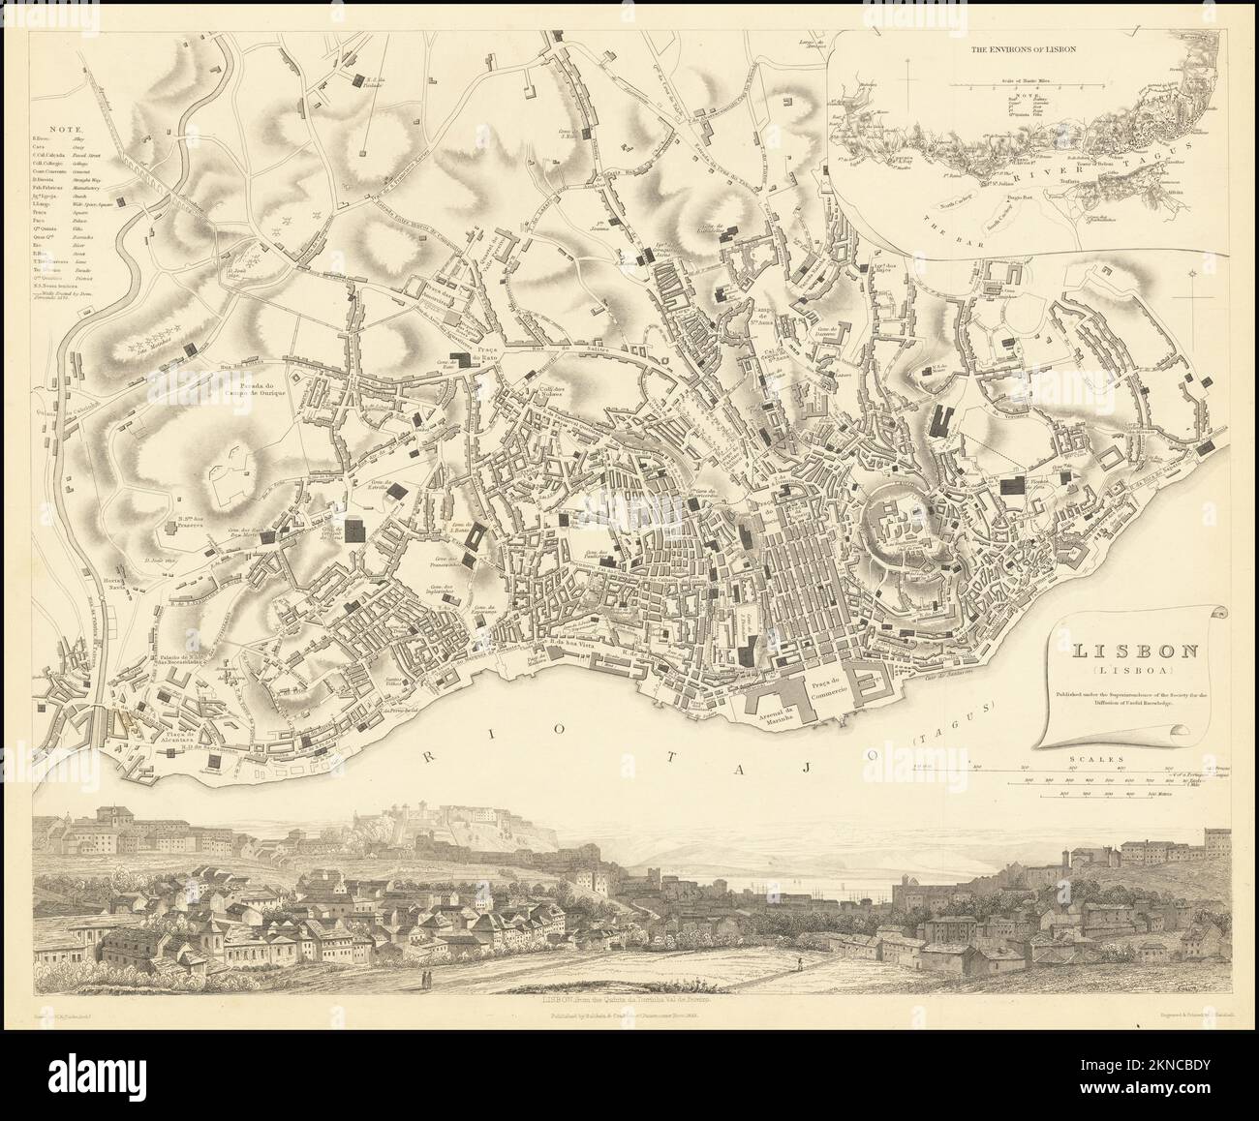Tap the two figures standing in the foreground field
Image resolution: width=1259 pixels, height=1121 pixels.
point(423,976)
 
